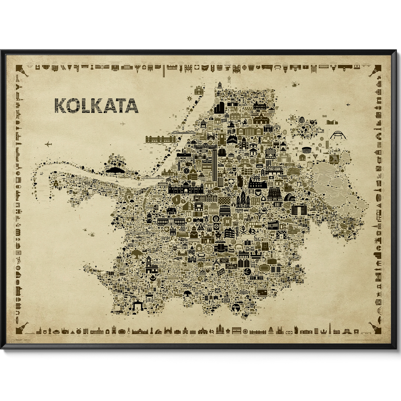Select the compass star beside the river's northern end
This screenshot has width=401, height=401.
coord(190,98)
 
